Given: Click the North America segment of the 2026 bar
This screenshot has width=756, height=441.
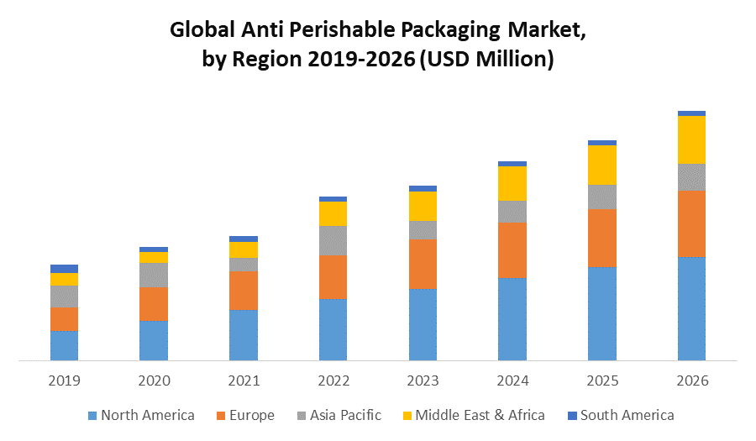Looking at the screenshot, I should tap(691, 308).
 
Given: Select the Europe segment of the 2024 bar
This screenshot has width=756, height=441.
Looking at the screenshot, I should tap(512, 250).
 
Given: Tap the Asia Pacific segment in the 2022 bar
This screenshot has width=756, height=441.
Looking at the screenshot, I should tap(333, 240).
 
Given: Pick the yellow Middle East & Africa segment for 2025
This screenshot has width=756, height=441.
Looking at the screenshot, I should tap(602, 165).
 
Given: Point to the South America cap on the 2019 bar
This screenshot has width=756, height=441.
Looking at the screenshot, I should tap(64, 269).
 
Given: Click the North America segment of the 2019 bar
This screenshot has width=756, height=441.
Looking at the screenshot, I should tap(64, 345).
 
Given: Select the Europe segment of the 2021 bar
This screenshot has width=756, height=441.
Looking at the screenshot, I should tap(244, 291).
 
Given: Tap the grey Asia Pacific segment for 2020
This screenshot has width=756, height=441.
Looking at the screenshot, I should tap(154, 275).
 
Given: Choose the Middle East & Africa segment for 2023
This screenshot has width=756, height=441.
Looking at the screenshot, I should tap(423, 206).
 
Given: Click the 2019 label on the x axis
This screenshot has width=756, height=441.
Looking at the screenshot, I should tap(64, 381).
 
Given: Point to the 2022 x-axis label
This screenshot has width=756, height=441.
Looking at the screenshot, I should tap(333, 381).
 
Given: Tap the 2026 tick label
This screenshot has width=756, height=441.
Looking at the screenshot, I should tap(691, 381).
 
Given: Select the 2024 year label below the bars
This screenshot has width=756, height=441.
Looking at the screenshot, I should tap(512, 381).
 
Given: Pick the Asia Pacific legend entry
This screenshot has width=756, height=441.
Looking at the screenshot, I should tap(344, 415).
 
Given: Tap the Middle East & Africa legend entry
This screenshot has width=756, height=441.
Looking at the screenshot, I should tap(480, 415).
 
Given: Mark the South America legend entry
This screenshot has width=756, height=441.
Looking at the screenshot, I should tap(627, 415).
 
